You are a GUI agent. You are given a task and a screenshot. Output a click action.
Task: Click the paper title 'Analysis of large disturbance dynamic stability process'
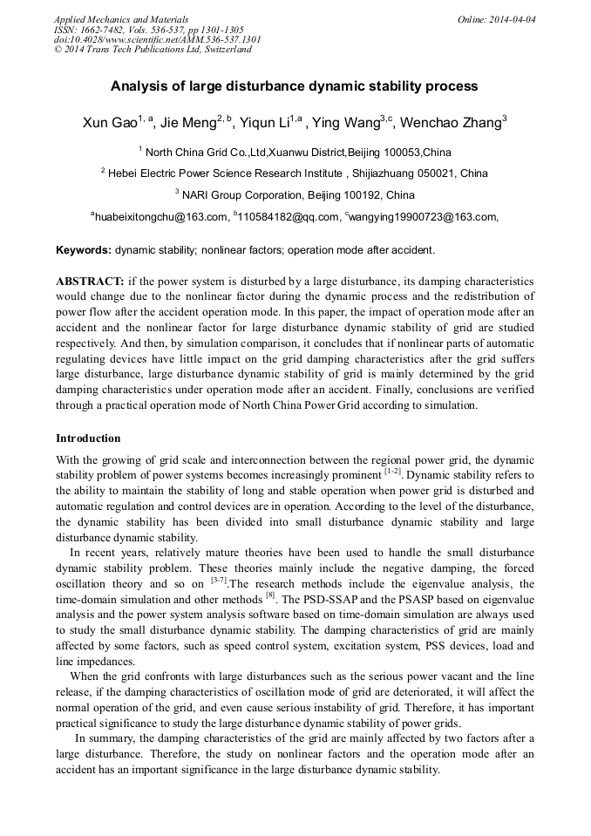[x=294, y=86]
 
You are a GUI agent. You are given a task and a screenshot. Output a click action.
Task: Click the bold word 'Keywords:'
[x=84, y=250]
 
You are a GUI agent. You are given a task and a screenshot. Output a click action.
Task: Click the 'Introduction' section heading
[x=88, y=438]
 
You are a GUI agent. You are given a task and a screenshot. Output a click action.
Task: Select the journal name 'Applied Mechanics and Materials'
[x=121, y=19]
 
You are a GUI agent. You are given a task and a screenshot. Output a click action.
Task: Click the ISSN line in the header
[x=149, y=30]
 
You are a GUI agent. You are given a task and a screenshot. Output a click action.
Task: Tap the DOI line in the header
[x=157, y=39]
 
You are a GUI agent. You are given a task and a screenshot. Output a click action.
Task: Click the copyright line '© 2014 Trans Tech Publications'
[x=153, y=50]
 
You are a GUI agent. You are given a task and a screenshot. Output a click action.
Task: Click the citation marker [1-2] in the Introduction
[x=392, y=472]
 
